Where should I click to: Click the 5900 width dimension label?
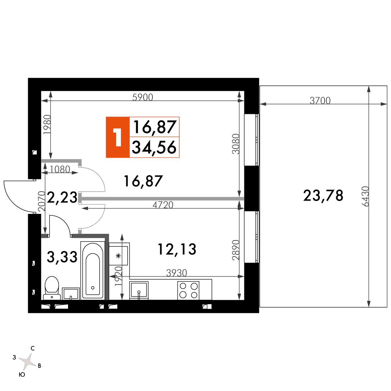[143, 97]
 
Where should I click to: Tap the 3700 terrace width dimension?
[320, 100]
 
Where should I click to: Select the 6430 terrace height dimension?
[365, 197]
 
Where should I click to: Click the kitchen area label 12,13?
[177, 249]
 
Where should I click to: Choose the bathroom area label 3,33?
[62, 257]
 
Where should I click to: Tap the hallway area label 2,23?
[62, 197]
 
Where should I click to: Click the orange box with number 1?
[118, 137]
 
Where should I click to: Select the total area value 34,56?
[154, 147]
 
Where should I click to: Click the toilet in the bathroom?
[52, 288]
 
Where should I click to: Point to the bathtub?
[93, 270]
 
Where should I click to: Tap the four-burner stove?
[188, 291]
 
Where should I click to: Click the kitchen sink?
[139, 290]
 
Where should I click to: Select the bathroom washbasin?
[71, 294]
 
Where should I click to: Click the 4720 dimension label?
[163, 205]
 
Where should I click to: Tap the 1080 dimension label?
[60, 170]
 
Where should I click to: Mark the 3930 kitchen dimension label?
[177, 273]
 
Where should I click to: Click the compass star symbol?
[27, 361]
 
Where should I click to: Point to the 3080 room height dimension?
[236, 144]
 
